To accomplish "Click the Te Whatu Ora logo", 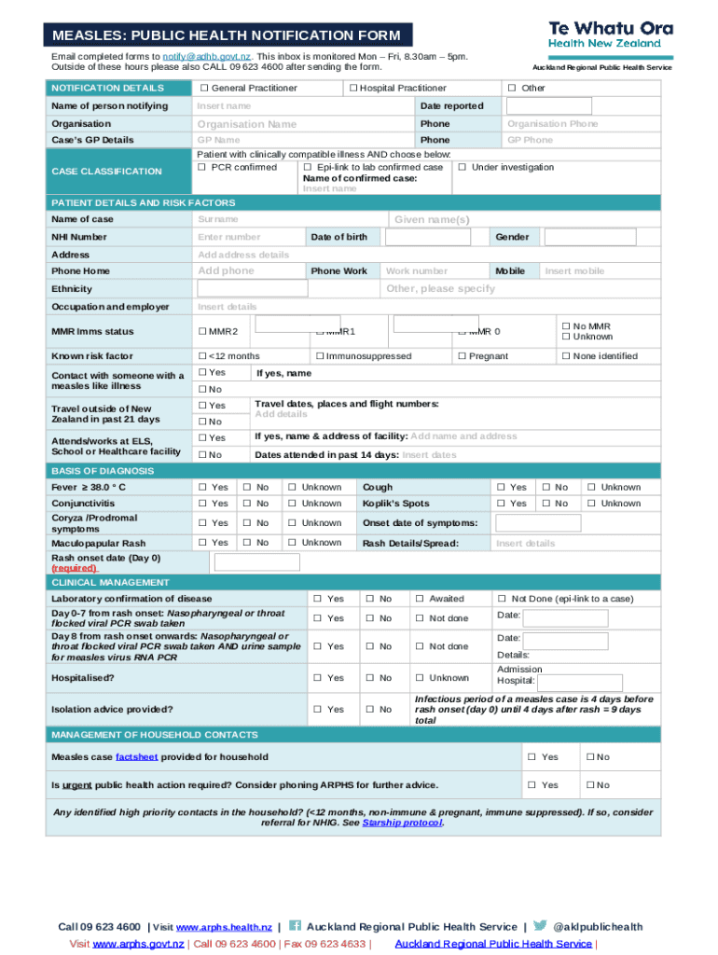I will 610,35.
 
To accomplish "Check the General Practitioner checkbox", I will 203,89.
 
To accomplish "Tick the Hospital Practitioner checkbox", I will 353,89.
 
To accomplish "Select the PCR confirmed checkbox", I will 202,168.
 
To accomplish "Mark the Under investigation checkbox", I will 463,168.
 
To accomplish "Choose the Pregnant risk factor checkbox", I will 462,356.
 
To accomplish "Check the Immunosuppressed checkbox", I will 320,356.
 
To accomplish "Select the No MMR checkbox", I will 565,326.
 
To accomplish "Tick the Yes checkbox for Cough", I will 501,488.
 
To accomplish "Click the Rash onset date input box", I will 257,562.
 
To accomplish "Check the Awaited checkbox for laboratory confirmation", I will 420,599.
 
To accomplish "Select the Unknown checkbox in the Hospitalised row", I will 420,678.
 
